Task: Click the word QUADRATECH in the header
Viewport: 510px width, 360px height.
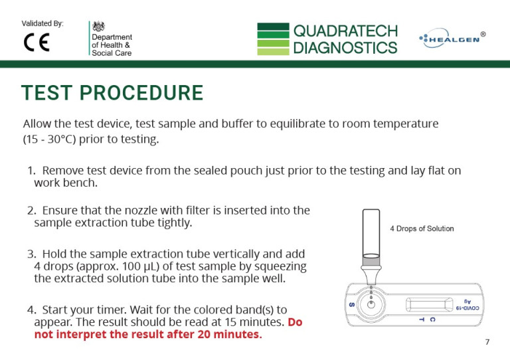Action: pos(345,31)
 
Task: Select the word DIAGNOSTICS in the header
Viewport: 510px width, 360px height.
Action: pos(345,47)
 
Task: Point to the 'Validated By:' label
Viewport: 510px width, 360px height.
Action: pos(42,24)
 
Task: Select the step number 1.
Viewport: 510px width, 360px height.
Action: pos(31,171)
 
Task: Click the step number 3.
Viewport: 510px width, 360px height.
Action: pos(31,254)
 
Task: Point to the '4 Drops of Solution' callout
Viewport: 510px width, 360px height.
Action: pos(422,228)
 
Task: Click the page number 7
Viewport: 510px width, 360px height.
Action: pos(487,342)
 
